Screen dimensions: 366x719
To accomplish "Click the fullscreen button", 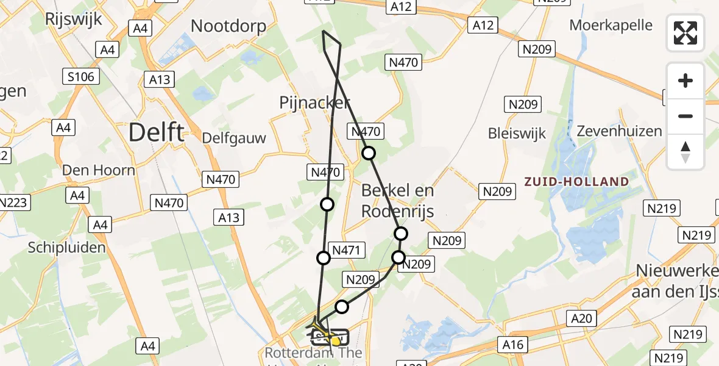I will click(685, 33).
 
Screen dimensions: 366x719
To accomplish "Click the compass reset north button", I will click(685, 152).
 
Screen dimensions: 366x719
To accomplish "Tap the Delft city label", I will click(157, 132).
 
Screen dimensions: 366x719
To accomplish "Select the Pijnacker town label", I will click(315, 102).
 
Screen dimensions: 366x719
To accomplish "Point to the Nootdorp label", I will click(228, 26).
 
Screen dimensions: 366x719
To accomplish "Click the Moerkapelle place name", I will click(611, 26).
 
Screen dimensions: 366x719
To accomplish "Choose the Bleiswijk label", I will click(517, 133).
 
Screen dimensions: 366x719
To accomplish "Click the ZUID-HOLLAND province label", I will click(576, 182).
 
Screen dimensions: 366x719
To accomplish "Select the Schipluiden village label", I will click(67, 247).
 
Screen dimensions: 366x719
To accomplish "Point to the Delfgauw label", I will click(235, 137).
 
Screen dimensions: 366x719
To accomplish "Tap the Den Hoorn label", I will click(98, 170).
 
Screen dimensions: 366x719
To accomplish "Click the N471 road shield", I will click(348, 249).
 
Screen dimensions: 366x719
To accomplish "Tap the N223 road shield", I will click(13, 203).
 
